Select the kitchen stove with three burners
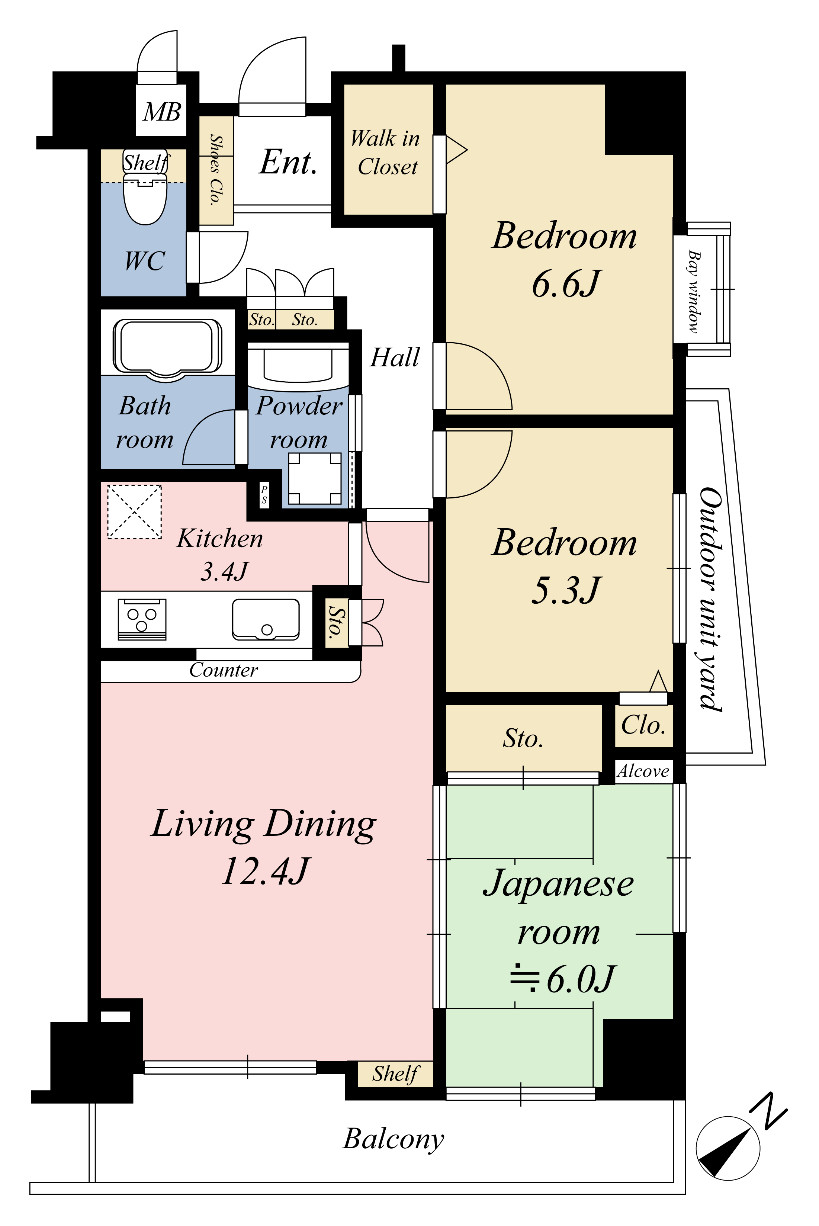click(x=142, y=619)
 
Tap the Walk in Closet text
click(x=385, y=153)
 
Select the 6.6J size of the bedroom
click(x=566, y=284)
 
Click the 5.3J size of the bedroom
click(x=566, y=590)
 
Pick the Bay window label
click(x=694, y=292)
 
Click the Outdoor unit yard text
click(x=710, y=599)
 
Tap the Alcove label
click(x=643, y=771)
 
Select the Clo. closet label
click(x=643, y=725)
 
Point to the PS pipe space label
click(x=264, y=495)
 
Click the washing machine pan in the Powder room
click(x=315, y=478)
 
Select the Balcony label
click(x=393, y=1139)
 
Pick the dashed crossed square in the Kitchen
click(x=134, y=512)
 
